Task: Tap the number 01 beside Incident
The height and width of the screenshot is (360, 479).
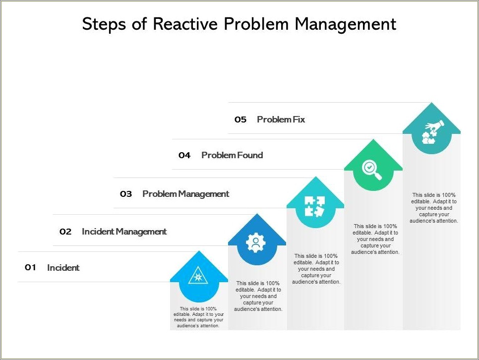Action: click(31, 268)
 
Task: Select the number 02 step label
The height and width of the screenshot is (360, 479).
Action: click(65, 232)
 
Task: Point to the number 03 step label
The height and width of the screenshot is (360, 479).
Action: click(126, 194)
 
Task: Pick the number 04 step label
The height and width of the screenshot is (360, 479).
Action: click(184, 155)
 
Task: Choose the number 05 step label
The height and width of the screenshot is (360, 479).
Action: click(240, 120)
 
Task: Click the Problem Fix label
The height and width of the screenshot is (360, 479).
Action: click(281, 120)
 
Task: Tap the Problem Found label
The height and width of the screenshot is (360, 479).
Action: click(232, 155)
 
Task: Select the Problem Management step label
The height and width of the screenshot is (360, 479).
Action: click(185, 194)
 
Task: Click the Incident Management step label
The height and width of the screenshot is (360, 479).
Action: click(124, 232)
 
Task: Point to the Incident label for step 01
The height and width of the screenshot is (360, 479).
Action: click(63, 268)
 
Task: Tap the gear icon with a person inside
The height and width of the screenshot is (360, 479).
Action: click(256, 243)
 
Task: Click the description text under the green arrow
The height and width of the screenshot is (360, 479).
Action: click(375, 239)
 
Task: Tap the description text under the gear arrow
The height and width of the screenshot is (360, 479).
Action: click(258, 296)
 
